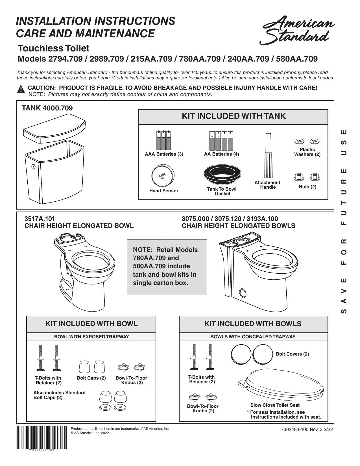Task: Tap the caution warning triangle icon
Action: [x=21, y=89]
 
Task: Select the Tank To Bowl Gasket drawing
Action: [x=222, y=174]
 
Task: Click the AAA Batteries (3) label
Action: [x=164, y=154]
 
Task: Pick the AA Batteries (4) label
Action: [x=221, y=154]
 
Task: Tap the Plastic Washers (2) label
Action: [x=307, y=152]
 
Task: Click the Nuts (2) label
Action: [x=307, y=187]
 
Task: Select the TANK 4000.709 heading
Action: [x=47, y=108]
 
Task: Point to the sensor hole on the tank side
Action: [x=33, y=167]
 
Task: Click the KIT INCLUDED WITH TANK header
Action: [x=234, y=116]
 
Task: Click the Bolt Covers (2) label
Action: [x=292, y=354]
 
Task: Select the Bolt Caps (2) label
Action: [x=91, y=378]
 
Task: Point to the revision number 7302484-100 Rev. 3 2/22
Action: [x=307, y=429]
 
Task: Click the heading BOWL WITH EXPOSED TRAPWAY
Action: [x=91, y=337]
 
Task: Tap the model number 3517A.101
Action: [x=40, y=219]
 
